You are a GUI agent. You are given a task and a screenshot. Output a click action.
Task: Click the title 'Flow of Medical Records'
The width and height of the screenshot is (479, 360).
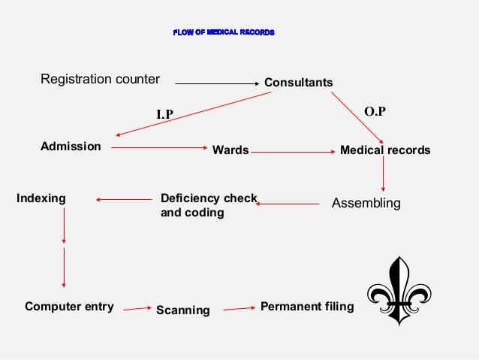pyautogui.click(x=224, y=33)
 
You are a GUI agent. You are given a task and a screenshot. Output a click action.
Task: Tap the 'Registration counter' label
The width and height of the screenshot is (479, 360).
pyautogui.click(x=100, y=79)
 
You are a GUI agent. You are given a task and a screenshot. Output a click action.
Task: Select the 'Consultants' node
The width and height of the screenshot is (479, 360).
pyautogui.click(x=298, y=82)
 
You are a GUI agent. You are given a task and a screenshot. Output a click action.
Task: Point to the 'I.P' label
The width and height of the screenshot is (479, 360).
pyautogui.click(x=164, y=115)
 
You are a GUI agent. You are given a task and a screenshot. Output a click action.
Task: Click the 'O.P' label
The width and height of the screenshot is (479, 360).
pyautogui.click(x=375, y=111)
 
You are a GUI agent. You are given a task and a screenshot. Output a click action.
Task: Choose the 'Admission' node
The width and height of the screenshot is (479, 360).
pyautogui.click(x=71, y=146)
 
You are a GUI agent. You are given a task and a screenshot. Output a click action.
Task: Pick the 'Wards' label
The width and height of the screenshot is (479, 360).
pyautogui.click(x=230, y=150)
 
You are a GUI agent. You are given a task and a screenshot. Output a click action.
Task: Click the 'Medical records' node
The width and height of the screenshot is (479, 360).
pyautogui.click(x=385, y=150)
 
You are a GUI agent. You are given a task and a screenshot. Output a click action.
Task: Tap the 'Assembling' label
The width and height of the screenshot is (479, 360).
pyautogui.click(x=366, y=203)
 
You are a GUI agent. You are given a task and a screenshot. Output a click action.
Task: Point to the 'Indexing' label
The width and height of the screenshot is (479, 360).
pyautogui.click(x=41, y=198)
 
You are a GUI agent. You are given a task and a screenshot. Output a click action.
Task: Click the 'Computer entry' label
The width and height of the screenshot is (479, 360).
pyautogui.click(x=69, y=307)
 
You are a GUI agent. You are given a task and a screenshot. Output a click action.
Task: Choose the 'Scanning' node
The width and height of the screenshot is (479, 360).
pyautogui.click(x=182, y=310)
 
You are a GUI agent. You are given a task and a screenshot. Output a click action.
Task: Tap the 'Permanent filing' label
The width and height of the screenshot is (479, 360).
pyautogui.click(x=306, y=306)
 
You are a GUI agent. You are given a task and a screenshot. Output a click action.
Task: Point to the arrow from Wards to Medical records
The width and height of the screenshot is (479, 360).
pyautogui.click(x=292, y=151)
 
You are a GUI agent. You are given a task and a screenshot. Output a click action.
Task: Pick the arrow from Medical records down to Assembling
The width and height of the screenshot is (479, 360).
pyautogui.click(x=384, y=174)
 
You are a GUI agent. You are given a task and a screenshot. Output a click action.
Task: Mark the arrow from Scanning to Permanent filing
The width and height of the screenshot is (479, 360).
pyautogui.click(x=239, y=308)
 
